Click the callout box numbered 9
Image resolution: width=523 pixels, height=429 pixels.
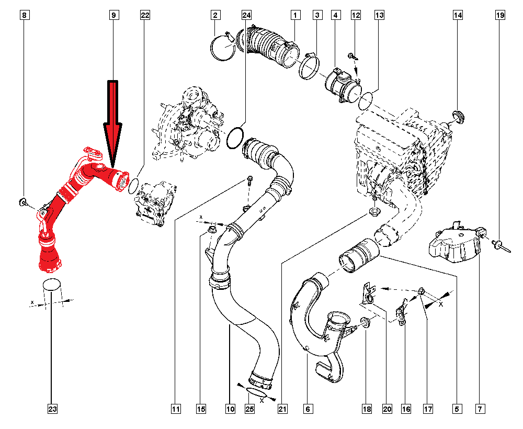113,16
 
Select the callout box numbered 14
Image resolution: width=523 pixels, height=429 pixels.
458,16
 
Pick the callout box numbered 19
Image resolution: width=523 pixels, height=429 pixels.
500,16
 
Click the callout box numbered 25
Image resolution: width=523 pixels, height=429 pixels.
249,409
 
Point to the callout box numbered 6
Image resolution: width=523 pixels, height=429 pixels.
308,409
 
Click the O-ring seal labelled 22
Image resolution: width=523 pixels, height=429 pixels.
133,185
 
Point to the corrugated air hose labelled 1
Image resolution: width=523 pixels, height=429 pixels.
272,47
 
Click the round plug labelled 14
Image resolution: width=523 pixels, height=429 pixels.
459,116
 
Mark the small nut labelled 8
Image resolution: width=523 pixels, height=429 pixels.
24,202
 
